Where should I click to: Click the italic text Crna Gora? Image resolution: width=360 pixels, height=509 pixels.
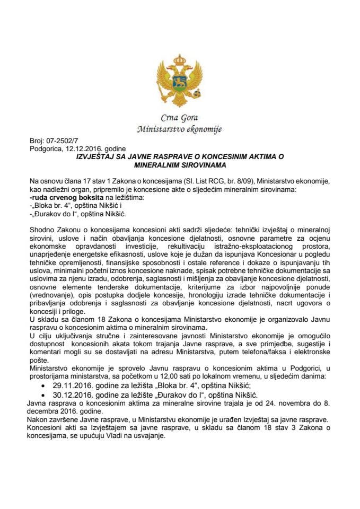pos(179,118)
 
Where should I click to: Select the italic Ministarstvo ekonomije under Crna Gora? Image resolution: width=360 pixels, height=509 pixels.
pos(179,129)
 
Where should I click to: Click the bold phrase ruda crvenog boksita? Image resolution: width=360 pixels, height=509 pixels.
pos(59,197)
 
